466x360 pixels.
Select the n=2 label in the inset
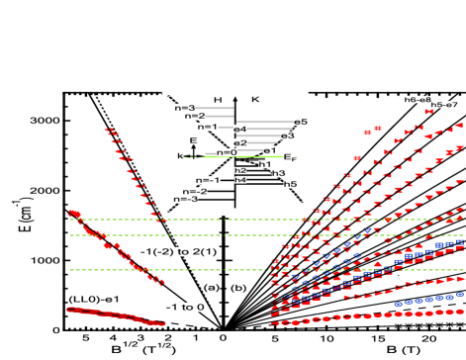coord(195,117)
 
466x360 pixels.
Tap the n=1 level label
coord(207,127)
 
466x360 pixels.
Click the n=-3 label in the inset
coord(183,199)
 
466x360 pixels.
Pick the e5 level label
coord(300,122)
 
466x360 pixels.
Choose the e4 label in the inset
coord(239,130)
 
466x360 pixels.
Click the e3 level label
coord(287,135)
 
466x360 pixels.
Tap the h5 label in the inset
coord(290,184)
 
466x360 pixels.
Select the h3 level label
coord(278,173)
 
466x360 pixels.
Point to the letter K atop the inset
coord(256,100)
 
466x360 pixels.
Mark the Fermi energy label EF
coord(290,157)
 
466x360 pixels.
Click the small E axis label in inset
coord(193,141)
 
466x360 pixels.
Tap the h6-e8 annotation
coord(418,99)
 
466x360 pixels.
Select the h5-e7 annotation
coord(444,104)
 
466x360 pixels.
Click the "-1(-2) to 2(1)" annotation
coord(178,251)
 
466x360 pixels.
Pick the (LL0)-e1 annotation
coord(94,299)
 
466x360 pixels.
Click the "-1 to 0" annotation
coord(185,307)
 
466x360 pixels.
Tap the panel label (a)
coord(211,287)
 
